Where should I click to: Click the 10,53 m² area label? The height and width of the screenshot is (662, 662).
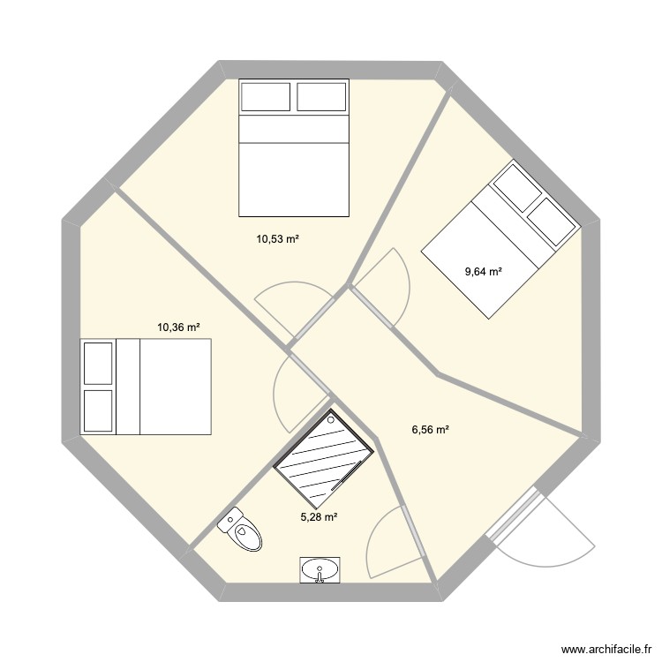[x=279, y=238]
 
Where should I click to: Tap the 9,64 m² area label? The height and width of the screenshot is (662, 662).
[x=484, y=271]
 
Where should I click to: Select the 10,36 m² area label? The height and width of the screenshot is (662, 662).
[x=178, y=327]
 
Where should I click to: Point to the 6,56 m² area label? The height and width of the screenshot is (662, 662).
[x=431, y=430]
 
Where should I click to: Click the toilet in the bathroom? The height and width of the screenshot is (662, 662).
[x=242, y=530]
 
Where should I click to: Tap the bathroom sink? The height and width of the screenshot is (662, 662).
[x=319, y=570]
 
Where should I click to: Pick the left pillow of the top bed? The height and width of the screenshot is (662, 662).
[x=266, y=96]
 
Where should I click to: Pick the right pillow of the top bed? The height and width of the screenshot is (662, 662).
[x=322, y=96]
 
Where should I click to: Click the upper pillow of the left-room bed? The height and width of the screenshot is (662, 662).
[x=98, y=363]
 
